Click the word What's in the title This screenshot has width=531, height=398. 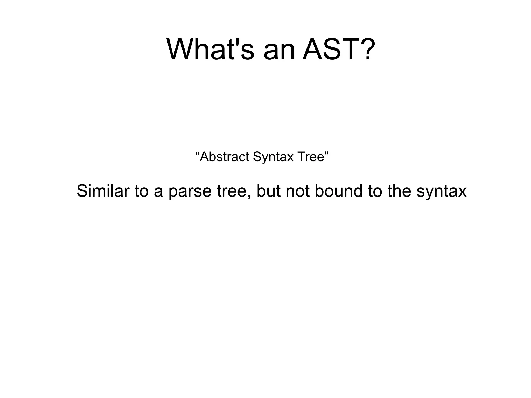click(210, 49)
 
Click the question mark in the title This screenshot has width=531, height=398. click(366, 49)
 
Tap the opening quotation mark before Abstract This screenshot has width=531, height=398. click(197, 153)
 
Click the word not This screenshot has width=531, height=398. click(298, 191)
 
